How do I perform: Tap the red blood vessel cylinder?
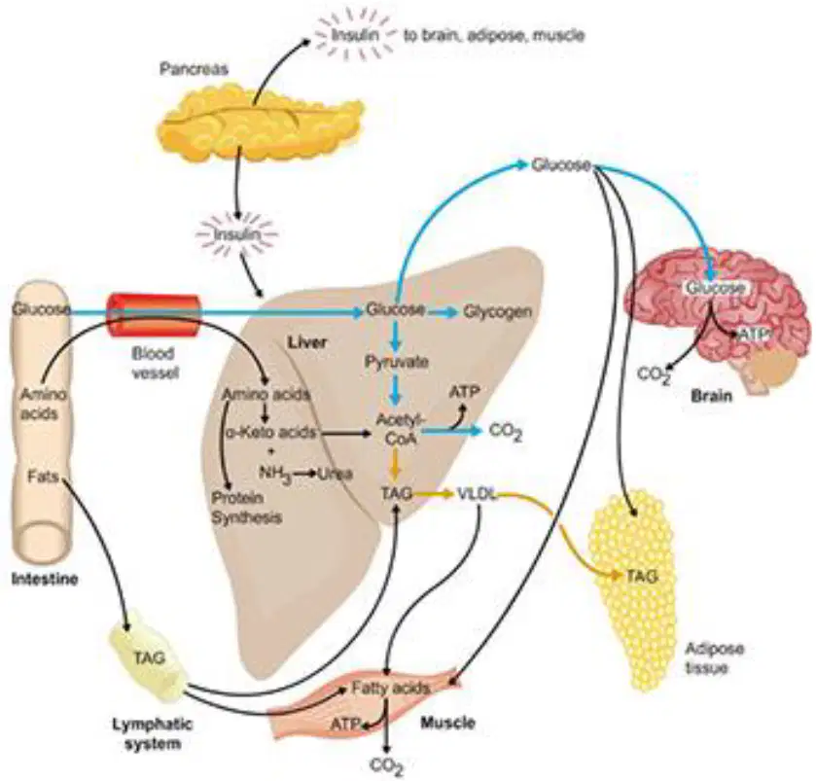[153, 316]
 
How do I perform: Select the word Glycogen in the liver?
[498, 312]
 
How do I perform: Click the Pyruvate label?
[397, 362]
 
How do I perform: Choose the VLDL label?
[477, 494]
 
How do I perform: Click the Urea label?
[336, 474]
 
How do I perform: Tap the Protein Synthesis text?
[246, 508]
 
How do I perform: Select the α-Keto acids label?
[270, 433]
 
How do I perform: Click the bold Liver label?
[307, 341]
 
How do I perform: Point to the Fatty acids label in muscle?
[390, 689]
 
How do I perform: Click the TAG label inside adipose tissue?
[642, 576]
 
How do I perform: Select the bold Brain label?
[711, 396]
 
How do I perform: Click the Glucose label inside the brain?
[716, 288]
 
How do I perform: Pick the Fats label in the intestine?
[43, 476]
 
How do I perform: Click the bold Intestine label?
[45, 579]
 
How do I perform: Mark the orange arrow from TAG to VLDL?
[433, 494]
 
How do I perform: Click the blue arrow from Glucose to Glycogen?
[443, 312]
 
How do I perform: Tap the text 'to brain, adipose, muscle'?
[494, 35]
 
